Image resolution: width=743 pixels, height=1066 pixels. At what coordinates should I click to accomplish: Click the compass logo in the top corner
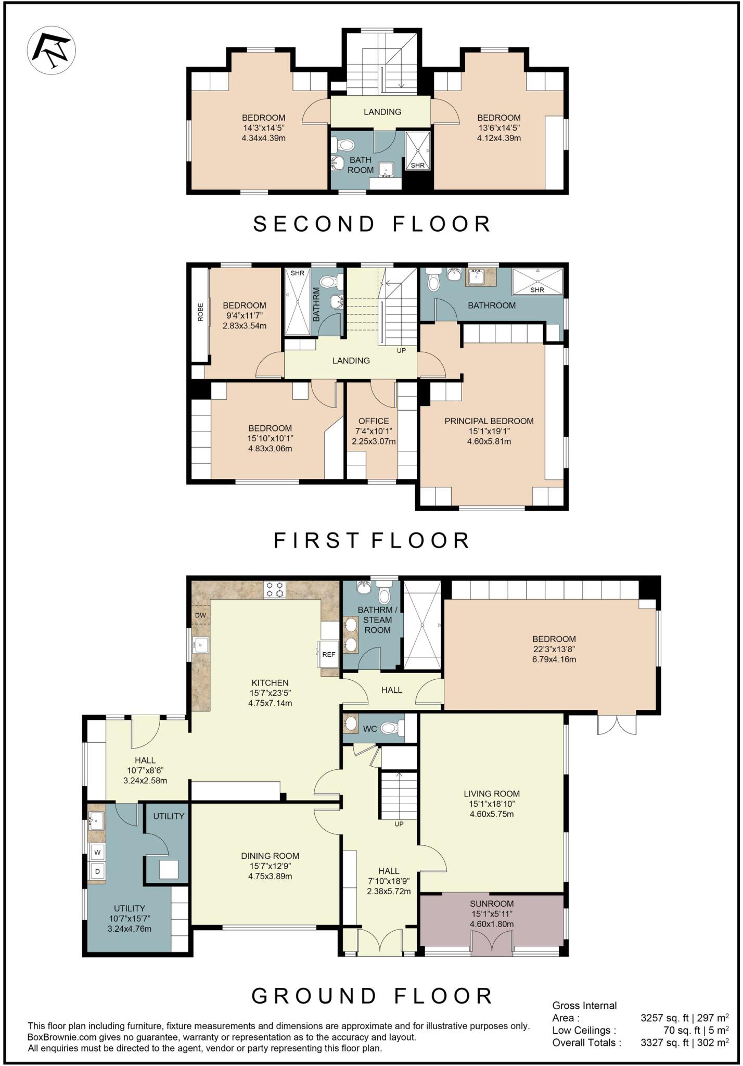[x=51, y=50]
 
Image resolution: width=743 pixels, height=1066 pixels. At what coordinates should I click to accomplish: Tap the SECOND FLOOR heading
[x=372, y=224]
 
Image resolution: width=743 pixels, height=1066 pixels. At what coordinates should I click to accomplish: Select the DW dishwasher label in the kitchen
[x=200, y=615]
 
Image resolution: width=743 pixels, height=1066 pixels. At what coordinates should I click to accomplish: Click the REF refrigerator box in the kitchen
[x=328, y=655]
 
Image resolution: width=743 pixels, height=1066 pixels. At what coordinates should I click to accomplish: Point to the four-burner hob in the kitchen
[x=275, y=590]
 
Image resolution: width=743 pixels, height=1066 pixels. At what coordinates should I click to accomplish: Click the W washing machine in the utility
[x=97, y=853]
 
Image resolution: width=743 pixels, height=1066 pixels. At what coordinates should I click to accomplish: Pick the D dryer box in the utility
[x=97, y=871]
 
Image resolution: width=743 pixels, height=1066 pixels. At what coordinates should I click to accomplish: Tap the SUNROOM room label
[x=491, y=904]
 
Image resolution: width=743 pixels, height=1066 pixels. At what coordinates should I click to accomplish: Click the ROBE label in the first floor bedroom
[x=200, y=312]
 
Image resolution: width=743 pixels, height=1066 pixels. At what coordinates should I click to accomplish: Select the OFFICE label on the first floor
[x=373, y=421]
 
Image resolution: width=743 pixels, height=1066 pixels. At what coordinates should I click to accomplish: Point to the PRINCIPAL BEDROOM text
[x=489, y=421]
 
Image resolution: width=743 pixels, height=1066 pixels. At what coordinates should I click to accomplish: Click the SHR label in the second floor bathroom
[x=417, y=166]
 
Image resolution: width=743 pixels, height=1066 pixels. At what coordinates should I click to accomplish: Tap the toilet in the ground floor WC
[x=391, y=728]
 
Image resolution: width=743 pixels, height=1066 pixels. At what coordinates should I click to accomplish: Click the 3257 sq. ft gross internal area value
[x=664, y=1018]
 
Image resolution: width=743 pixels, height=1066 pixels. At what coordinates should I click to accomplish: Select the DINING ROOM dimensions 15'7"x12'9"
[x=270, y=866]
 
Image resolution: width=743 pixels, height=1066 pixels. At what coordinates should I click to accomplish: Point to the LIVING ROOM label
[x=491, y=794]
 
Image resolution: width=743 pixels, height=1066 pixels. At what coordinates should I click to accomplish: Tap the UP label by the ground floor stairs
[x=399, y=824]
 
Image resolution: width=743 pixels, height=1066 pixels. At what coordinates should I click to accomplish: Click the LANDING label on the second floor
[x=382, y=111]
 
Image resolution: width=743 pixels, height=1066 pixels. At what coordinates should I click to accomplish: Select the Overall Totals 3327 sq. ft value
[x=664, y=1043]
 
